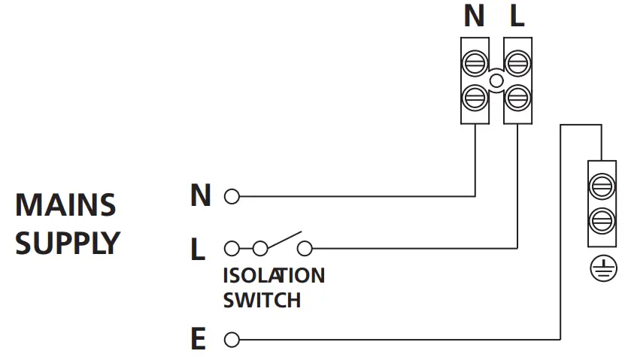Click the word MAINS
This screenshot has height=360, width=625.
pos(66,205)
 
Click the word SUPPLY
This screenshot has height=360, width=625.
pos(68,244)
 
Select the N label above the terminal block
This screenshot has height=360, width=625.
pos(475,17)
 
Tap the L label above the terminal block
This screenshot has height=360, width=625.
pos(517,17)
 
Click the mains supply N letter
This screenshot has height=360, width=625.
pos(200,196)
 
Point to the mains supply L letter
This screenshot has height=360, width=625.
pos(198,249)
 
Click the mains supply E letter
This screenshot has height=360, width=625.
pos(199,340)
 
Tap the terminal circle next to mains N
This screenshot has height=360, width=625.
pos(232,198)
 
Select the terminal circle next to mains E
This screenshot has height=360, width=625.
pos(232,340)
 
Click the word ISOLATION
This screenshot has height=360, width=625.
pos(274,276)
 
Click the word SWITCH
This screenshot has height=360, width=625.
pos(262,301)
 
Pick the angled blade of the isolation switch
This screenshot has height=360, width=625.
pos(284,240)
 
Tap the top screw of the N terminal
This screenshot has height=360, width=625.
pos(475,63)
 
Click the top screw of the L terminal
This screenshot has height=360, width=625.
pos(517,63)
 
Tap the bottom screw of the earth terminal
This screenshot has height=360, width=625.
pos(601,220)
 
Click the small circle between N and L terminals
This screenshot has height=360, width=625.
pos(496,80)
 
